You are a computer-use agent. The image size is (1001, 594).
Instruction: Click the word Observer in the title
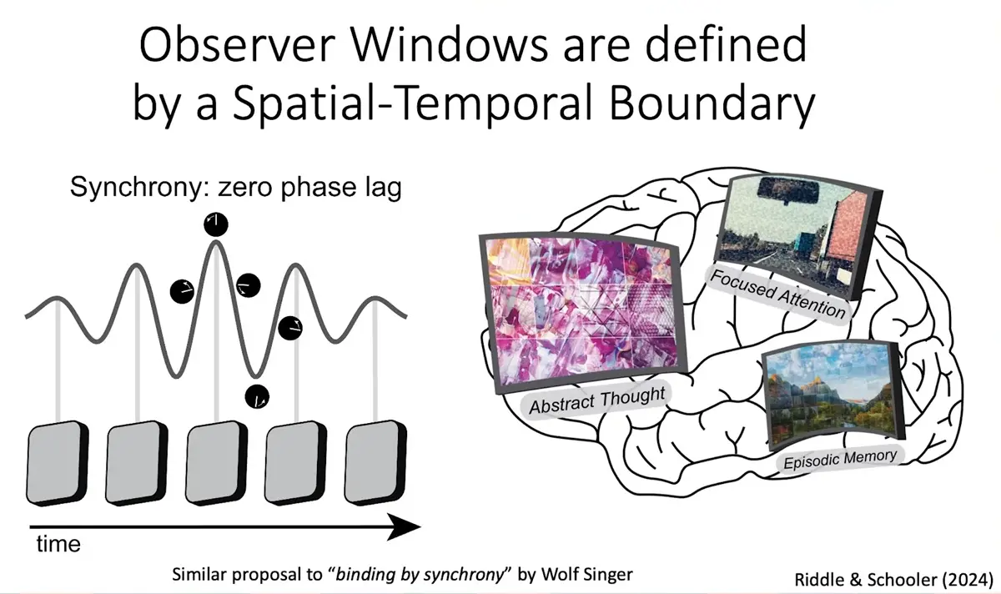coord(237,46)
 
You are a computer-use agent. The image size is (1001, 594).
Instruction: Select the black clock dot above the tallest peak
coord(216,224)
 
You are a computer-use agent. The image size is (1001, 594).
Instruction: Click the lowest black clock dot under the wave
coord(258,397)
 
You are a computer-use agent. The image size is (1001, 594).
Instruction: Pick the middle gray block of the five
coord(216,463)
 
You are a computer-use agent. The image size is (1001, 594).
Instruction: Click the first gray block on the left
coord(58,463)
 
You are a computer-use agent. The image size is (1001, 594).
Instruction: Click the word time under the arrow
coord(58,545)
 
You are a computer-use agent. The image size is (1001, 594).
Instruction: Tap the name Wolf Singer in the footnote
coord(586,574)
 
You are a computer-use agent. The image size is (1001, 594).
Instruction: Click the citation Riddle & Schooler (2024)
coord(893,580)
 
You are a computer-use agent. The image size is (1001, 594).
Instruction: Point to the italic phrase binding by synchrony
coord(420,574)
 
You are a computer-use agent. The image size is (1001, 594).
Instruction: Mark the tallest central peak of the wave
coord(216,242)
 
